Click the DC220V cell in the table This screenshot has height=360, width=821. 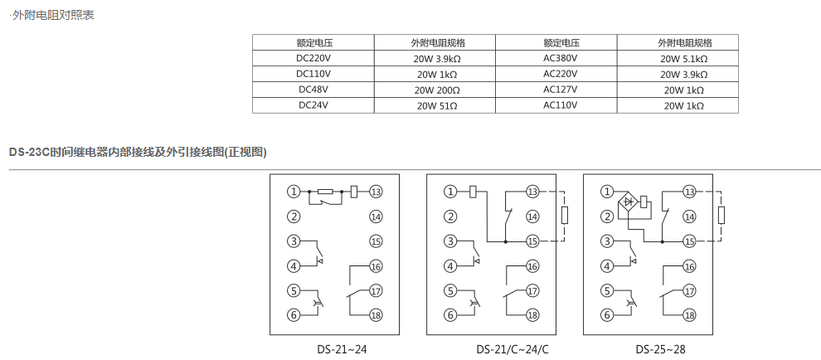(313, 58)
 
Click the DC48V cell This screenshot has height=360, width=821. (313, 90)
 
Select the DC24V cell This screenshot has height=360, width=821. (313, 105)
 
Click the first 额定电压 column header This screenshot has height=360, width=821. (313, 43)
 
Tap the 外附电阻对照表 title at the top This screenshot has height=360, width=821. (53, 15)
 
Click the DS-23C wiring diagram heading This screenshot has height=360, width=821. (138, 153)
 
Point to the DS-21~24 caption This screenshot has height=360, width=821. (342, 349)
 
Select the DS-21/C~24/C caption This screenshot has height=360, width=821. (513, 349)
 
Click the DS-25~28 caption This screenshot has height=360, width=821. (660, 349)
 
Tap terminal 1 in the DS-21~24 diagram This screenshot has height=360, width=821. (294, 192)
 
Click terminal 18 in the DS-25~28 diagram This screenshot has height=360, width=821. (690, 315)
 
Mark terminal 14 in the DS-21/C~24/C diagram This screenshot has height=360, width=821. (532, 216)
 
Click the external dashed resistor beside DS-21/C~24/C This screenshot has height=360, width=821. (565, 216)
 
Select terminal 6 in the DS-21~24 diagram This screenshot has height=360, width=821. (294, 315)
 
